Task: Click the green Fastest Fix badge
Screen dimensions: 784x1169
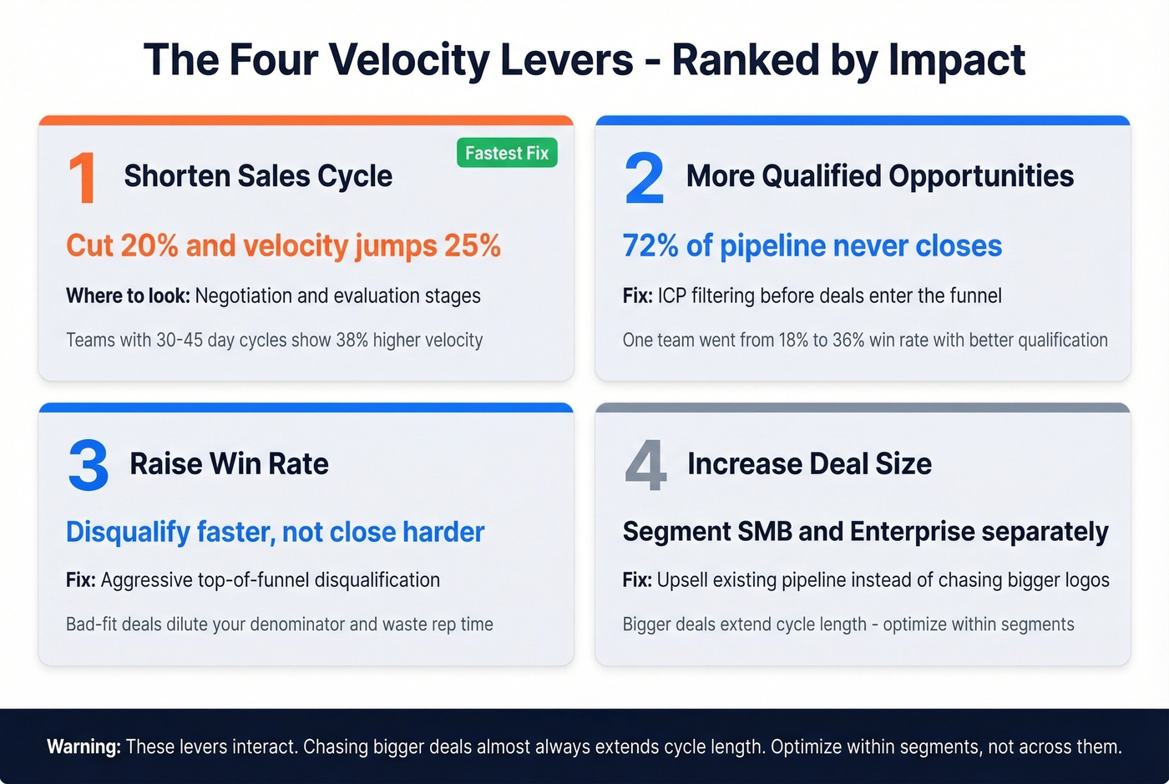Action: click(507, 154)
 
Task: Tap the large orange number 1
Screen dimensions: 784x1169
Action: click(82, 178)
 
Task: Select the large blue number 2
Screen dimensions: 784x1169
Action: click(644, 178)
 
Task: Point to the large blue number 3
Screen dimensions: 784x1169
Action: click(88, 465)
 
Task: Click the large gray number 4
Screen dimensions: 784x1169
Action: click(645, 465)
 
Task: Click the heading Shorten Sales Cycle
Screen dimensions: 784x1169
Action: click(258, 176)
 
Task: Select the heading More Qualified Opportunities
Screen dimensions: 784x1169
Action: click(879, 176)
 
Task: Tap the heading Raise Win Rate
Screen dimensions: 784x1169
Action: click(229, 463)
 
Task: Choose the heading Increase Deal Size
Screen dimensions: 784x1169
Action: click(809, 463)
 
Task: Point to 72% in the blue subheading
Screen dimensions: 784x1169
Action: click(650, 245)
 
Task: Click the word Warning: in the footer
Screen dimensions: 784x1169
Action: click(83, 746)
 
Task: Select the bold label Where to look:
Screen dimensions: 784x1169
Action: click(128, 296)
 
